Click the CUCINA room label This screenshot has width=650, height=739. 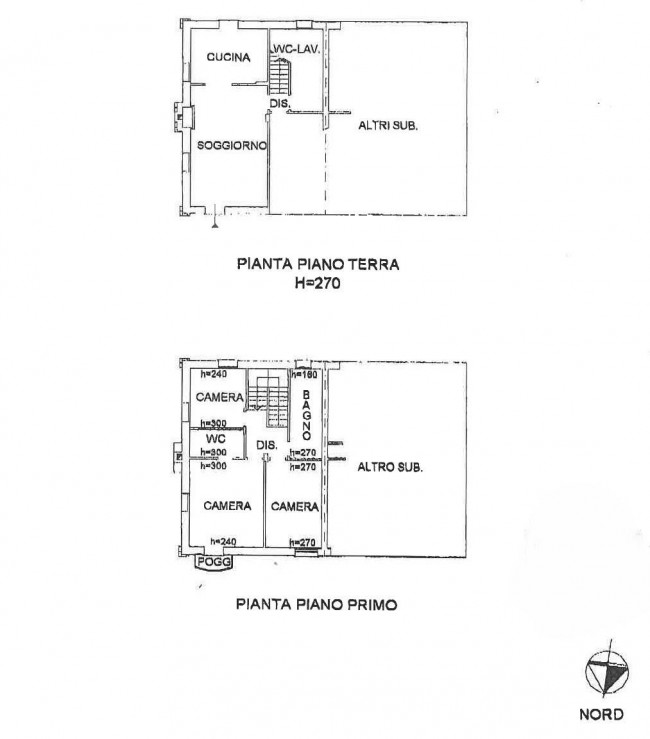pyautogui.click(x=228, y=57)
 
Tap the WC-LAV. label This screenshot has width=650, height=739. pyautogui.click(x=296, y=49)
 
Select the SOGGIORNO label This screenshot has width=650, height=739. pyautogui.click(x=232, y=146)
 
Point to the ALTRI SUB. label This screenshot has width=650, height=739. pyautogui.click(x=388, y=126)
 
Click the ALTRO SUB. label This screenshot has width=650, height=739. pyautogui.click(x=390, y=467)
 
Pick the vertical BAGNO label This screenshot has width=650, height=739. pyautogui.click(x=306, y=415)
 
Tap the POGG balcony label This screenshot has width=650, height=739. pyautogui.click(x=214, y=561)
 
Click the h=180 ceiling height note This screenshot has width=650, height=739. pyautogui.click(x=304, y=375)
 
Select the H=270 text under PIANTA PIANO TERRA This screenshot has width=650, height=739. pyautogui.click(x=318, y=283)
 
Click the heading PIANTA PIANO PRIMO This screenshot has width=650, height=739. pyautogui.click(x=316, y=604)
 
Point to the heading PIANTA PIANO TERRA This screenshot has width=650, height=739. pyautogui.click(x=318, y=264)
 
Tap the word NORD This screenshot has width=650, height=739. pyautogui.click(x=601, y=714)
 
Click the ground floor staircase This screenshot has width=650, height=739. pyautogui.click(x=280, y=75)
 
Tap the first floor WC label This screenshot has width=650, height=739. pyautogui.click(x=216, y=439)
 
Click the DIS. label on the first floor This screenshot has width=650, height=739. pyautogui.click(x=267, y=445)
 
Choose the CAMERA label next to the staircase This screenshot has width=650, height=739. pyautogui.click(x=220, y=397)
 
